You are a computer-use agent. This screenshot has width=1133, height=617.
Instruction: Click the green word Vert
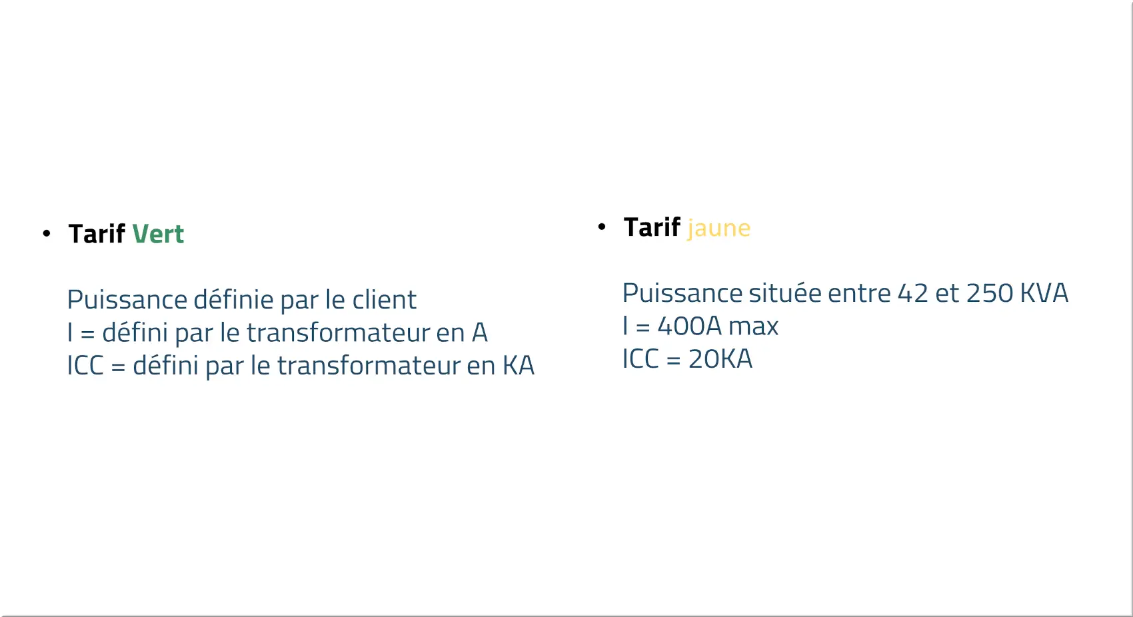tap(158, 234)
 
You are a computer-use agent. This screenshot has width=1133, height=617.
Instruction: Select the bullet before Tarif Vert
tap(47, 233)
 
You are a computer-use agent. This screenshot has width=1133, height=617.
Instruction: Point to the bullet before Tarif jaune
tap(601, 227)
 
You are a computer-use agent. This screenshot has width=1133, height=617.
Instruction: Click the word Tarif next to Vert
tap(97, 234)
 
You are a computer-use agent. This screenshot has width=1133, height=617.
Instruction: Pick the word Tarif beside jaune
tap(652, 227)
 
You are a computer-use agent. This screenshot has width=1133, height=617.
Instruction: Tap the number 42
tap(913, 293)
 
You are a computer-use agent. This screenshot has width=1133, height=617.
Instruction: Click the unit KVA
tap(1044, 293)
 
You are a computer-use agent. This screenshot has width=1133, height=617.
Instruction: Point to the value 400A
tap(689, 326)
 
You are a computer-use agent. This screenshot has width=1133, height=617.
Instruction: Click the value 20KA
tap(720, 359)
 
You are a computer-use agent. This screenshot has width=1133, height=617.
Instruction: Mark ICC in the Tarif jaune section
tap(640, 359)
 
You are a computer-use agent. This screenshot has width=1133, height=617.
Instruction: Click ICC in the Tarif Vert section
tap(85, 365)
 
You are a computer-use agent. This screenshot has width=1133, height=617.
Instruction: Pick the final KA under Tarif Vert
tap(519, 365)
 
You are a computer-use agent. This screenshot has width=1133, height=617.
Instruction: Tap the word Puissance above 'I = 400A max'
tap(682, 293)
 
